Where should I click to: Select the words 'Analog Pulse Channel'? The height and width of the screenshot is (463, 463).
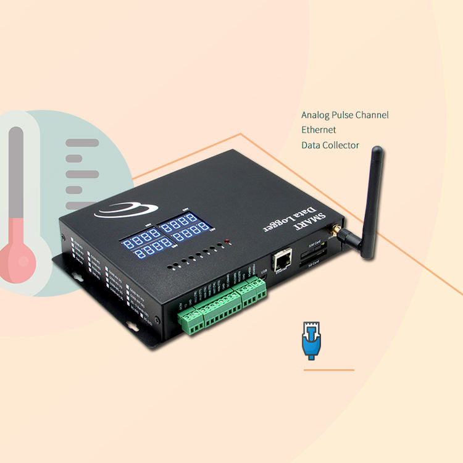pos(344,115)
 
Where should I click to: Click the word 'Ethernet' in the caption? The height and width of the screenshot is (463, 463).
pos(319,130)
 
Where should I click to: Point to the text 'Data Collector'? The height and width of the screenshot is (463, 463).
pos(330,146)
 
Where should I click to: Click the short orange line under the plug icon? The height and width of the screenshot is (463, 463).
pos(328,370)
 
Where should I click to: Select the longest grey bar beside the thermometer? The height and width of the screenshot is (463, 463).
pos(82,143)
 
